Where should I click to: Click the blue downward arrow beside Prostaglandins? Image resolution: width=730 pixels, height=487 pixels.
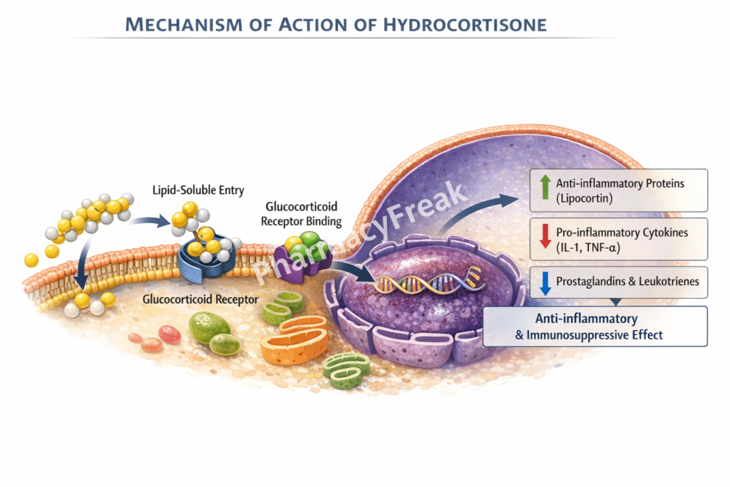click(x=545, y=282)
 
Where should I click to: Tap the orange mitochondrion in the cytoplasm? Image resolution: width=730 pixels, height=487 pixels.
click(x=294, y=342)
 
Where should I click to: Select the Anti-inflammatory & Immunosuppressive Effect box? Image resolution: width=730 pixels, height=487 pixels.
click(x=595, y=327)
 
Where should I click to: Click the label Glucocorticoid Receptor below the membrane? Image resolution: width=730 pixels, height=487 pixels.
click(x=200, y=299)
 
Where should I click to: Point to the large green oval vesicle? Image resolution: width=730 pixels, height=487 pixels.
click(x=208, y=327)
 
